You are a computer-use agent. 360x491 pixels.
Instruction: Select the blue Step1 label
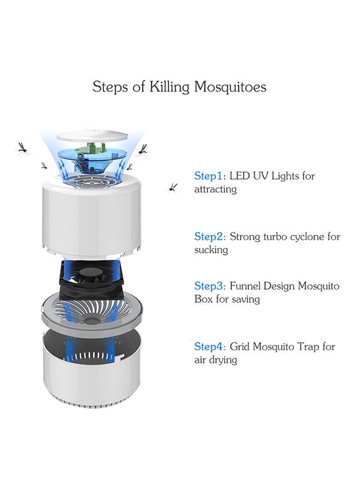coord(209,176)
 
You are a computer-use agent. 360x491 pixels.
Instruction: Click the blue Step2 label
coord(209,237)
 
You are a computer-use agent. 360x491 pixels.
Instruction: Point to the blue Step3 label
coord(209,286)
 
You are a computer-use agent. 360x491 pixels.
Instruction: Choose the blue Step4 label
coord(209,346)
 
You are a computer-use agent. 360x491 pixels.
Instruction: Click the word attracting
coord(215,190)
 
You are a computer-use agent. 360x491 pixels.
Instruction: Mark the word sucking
coord(211,250)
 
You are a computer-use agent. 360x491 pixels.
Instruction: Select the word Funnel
coord(245,286)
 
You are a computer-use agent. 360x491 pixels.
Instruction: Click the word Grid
coord(239,346)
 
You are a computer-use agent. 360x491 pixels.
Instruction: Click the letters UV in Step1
coord(259,176)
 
